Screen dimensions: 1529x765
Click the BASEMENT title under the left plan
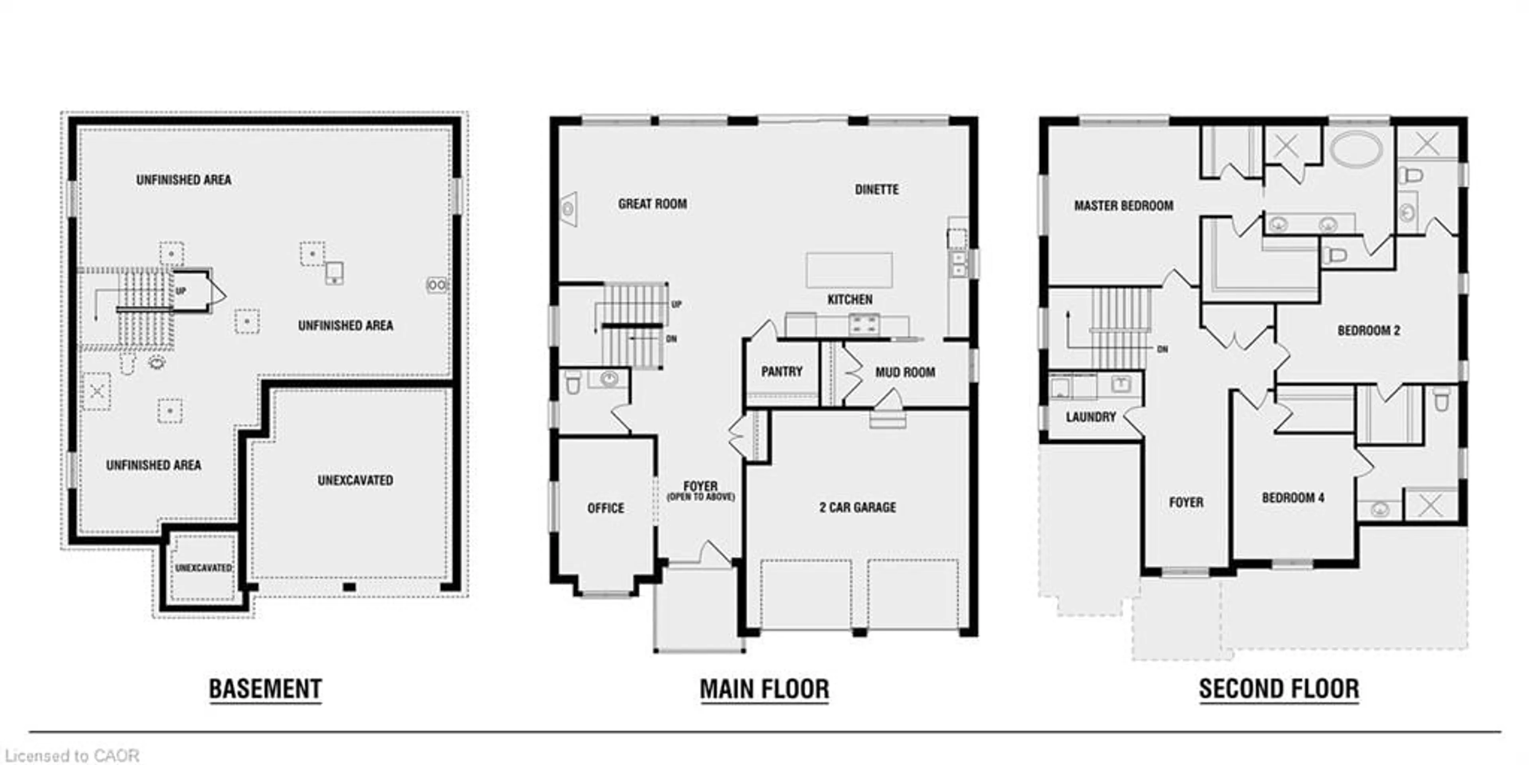point(265,689)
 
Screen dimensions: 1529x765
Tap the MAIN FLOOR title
point(764,689)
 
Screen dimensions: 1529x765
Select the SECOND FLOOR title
point(1279,689)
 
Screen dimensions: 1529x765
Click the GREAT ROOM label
point(652,204)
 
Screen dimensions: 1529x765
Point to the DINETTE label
point(877,190)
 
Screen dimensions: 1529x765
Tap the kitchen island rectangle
point(849,270)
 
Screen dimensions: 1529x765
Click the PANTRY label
point(782,371)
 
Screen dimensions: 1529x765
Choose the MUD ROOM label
point(905,373)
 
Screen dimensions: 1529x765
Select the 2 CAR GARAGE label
point(858,507)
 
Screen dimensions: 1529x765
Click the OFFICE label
point(605,508)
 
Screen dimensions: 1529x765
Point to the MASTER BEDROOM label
point(1124,206)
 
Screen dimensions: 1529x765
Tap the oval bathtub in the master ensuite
point(1356,149)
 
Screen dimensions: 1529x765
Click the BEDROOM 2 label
point(1369,330)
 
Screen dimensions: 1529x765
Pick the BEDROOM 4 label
point(1293,498)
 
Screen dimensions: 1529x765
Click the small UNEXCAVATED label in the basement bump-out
point(203,568)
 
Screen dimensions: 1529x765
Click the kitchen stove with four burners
point(864,324)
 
